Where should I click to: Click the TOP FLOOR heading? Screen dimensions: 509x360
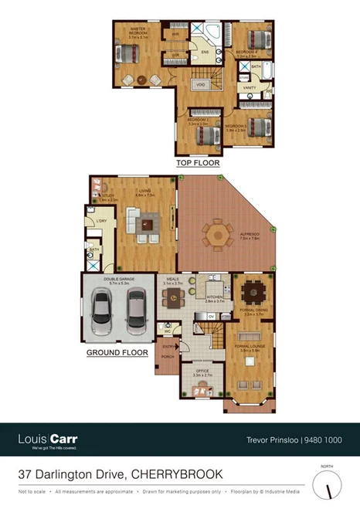(198, 163)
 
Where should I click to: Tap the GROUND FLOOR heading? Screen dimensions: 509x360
(117, 351)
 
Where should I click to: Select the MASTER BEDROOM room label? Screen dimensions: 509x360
(138, 32)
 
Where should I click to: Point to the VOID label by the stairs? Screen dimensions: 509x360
(200, 84)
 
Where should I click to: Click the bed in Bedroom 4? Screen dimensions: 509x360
(251, 41)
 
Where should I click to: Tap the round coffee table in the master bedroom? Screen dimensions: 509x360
(141, 80)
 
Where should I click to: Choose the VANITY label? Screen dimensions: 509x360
(250, 88)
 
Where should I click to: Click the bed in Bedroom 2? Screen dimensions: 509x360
(205, 136)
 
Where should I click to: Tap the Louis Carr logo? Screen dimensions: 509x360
(47, 440)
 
